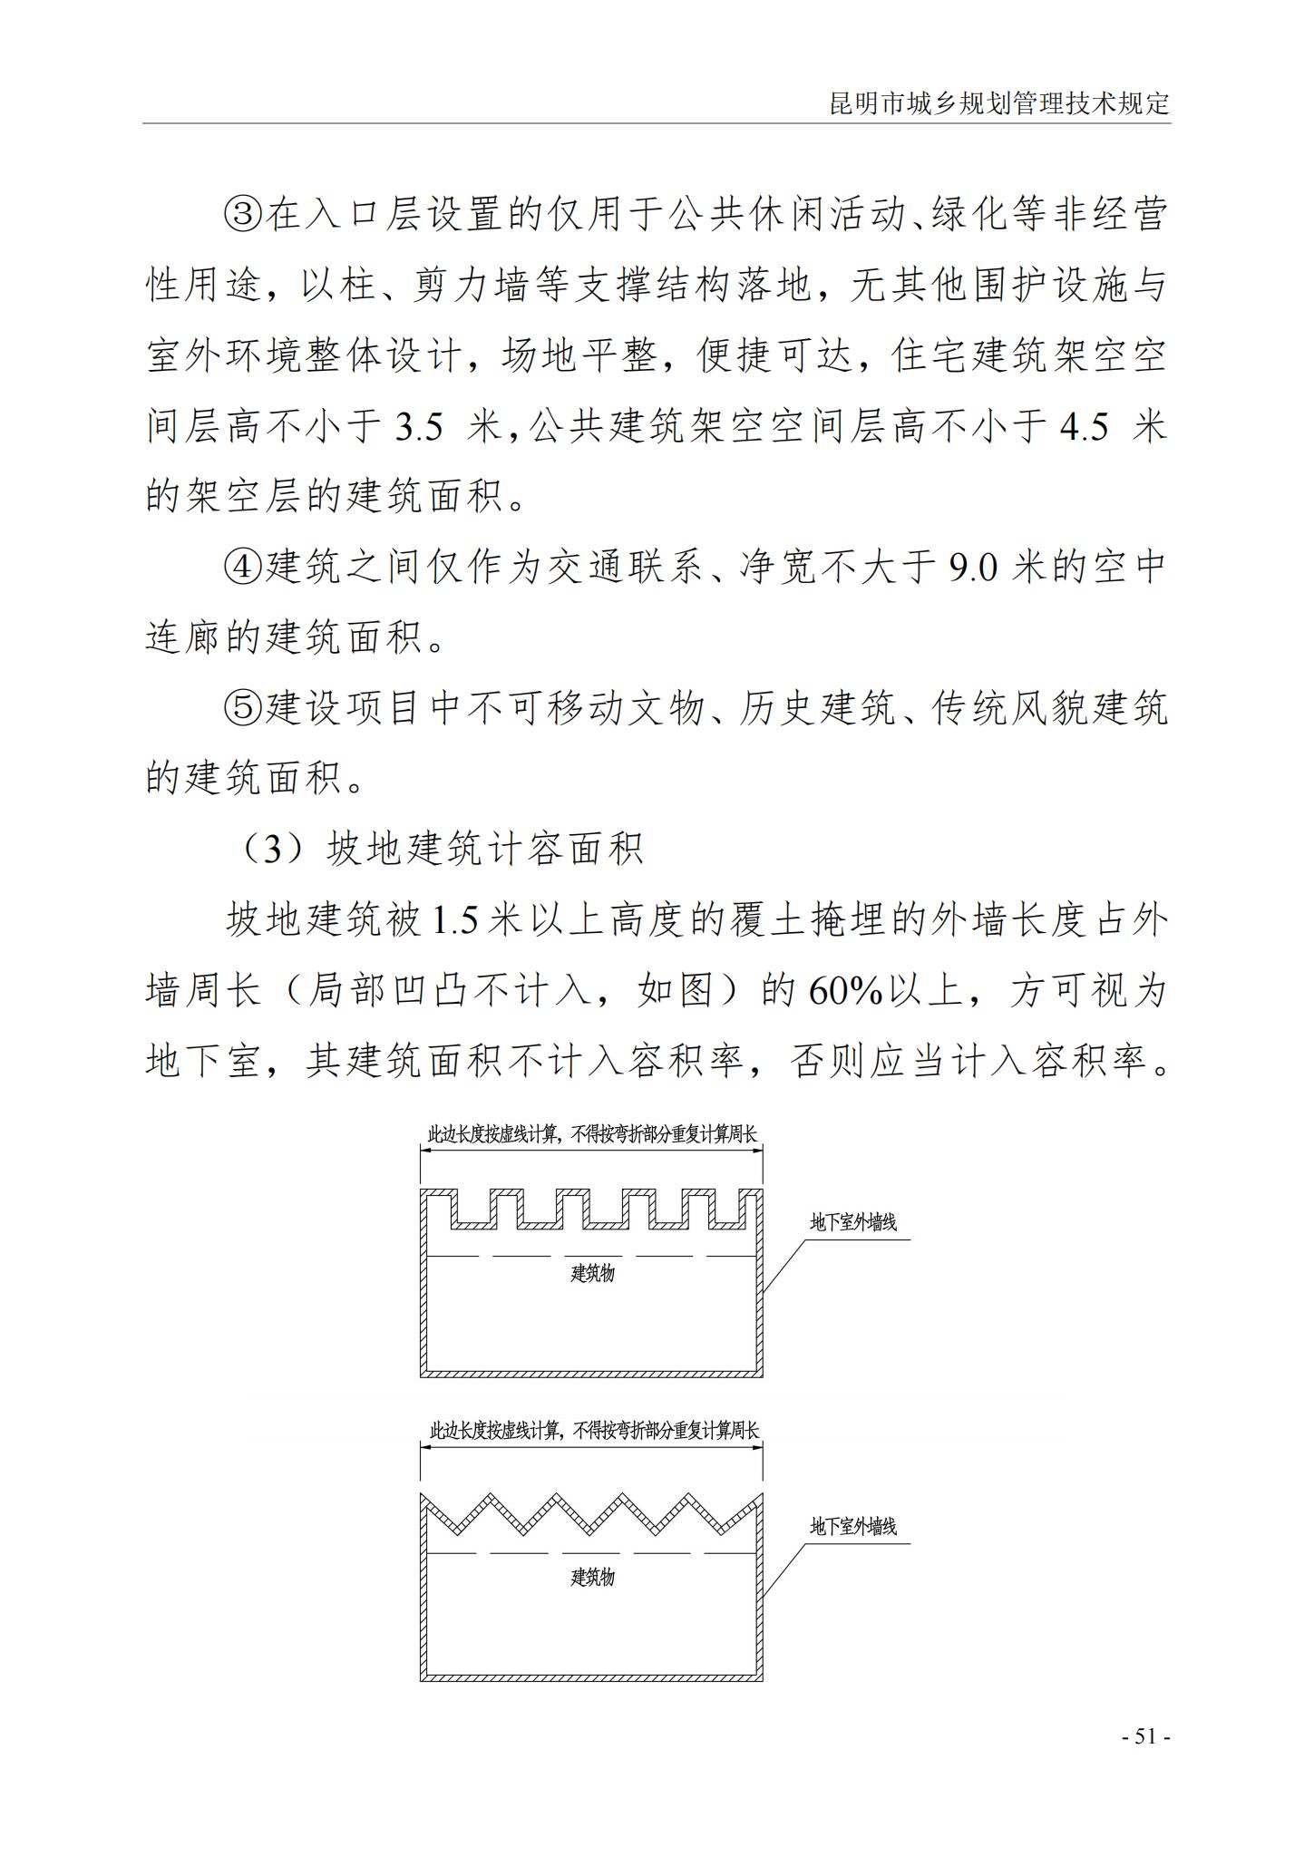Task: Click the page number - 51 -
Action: point(1145,1736)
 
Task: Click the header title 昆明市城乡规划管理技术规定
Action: point(999,103)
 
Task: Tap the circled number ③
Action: point(242,216)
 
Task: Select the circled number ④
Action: point(242,568)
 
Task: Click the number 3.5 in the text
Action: point(418,427)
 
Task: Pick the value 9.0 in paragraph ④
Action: point(973,568)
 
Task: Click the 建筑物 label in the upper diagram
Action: point(592,1274)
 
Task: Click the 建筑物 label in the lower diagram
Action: point(592,1578)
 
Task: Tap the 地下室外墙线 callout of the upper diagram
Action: point(852,1223)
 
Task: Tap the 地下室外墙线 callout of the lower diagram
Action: point(852,1527)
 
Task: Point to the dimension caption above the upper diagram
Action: point(591,1134)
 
